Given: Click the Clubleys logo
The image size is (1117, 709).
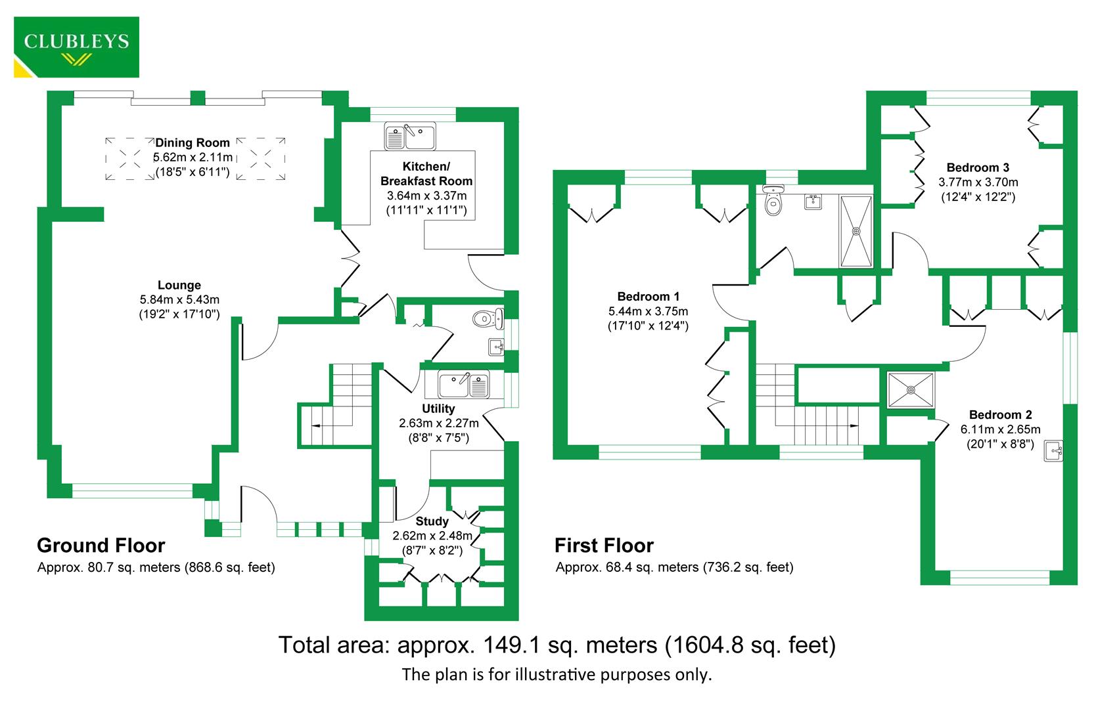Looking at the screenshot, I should (x=76, y=47).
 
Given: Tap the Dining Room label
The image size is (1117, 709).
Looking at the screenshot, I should (x=193, y=142).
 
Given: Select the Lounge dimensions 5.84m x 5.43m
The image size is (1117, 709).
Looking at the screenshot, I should (x=179, y=300).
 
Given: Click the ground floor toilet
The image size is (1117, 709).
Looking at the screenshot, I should (x=487, y=319).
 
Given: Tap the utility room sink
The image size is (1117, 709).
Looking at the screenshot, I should (x=464, y=385).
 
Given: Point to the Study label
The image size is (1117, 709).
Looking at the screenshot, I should (x=432, y=521).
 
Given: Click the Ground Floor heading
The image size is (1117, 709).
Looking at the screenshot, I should (x=101, y=546).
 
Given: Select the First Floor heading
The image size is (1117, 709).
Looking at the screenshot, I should (x=604, y=546).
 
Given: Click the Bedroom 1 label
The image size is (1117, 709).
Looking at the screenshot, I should (x=648, y=297).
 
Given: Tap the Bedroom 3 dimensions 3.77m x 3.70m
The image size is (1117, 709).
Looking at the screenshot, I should (x=978, y=183).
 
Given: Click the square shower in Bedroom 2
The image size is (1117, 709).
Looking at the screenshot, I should (x=911, y=390).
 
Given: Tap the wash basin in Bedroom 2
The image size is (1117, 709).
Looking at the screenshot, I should (x=1054, y=451).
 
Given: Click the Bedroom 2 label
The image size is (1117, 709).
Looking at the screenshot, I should (x=1000, y=415).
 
